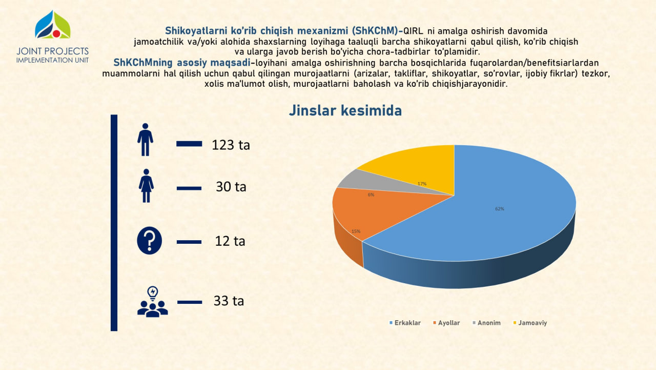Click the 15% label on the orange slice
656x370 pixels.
pyautogui.click(x=356, y=231)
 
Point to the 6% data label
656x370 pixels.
pyautogui.click(x=371, y=194)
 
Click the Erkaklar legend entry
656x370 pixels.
pyautogui.click(x=405, y=323)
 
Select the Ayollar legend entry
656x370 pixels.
pyautogui.click(x=446, y=323)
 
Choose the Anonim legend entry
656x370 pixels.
pyautogui.click(x=486, y=323)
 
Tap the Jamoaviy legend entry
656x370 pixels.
pyautogui.click(x=530, y=323)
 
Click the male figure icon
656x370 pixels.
pyautogui.click(x=145, y=140)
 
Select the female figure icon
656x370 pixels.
pyautogui.click(x=146, y=186)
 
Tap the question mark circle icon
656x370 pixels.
pyautogui.click(x=149, y=240)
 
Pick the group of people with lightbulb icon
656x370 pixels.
pyautogui.click(x=153, y=302)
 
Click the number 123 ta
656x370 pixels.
pyautogui.click(x=231, y=145)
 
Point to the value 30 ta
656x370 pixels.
pyautogui.click(x=231, y=187)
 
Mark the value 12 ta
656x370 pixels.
pyautogui.click(x=230, y=241)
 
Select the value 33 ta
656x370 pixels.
pyautogui.click(x=229, y=301)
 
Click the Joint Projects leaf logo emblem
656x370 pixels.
pyautogui.click(x=53, y=25)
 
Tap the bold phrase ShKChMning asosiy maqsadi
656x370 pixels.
pyautogui.click(x=182, y=63)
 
